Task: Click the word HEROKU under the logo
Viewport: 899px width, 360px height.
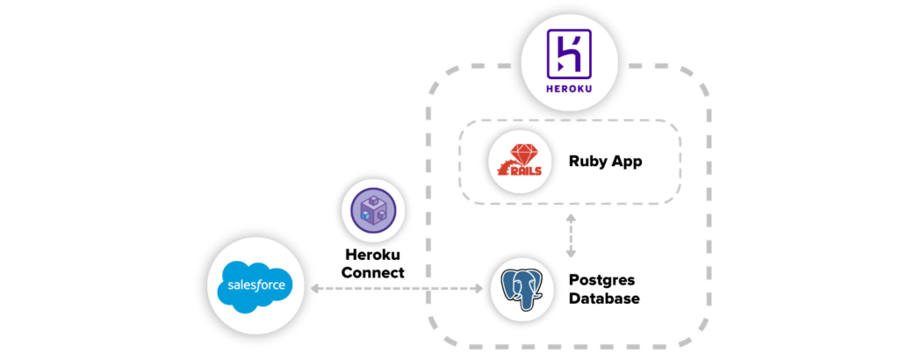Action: [x=570, y=87]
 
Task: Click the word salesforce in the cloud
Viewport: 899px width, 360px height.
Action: [x=253, y=286]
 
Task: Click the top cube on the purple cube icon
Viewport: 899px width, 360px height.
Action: [x=374, y=201]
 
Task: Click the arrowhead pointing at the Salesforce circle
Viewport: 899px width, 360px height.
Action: [x=315, y=287]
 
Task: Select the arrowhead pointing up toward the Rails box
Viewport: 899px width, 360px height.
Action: [x=571, y=216]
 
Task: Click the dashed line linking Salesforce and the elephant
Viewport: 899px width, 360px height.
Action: [x=395, y=287]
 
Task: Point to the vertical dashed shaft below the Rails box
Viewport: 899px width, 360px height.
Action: [x=571, y=234]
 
